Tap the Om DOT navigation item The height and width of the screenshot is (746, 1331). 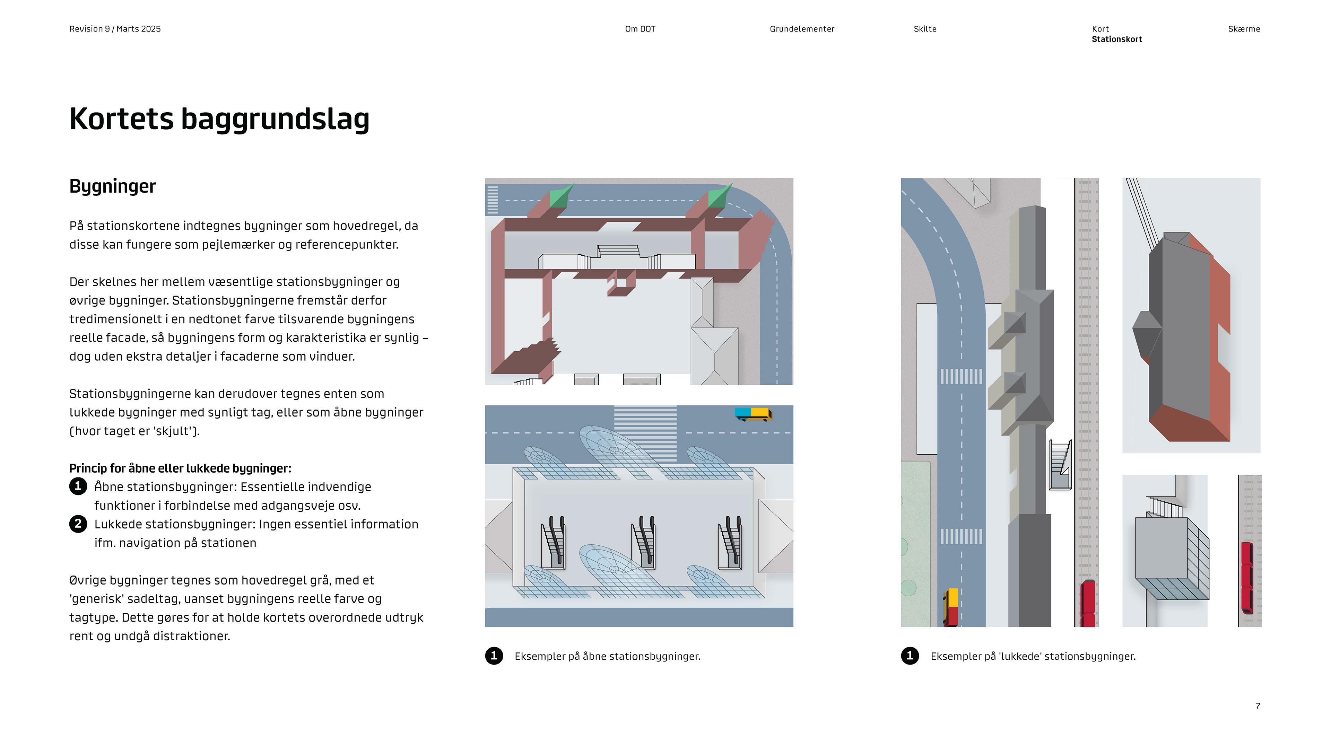(x=640, y=29)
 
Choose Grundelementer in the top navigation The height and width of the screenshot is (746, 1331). (x=801, y=29)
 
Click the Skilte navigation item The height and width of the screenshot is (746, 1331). (x=924, y=29)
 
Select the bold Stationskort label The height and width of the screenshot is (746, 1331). (x=1116, y=39)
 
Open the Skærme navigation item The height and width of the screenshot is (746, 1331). (x=1243, y=29)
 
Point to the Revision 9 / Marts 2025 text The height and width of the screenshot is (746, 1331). (x=115, y=29)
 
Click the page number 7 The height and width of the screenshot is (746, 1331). (x=1257, y=706)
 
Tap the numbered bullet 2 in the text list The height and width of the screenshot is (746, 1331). (x=78, y=524)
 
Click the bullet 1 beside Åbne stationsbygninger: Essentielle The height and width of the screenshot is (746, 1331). (x=78, y=486)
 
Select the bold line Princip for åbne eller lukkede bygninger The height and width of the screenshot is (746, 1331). (x=180, y=468)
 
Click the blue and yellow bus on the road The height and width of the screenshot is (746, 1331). (x=753, y=414)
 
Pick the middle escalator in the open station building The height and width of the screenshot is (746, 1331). (x=644, y=543)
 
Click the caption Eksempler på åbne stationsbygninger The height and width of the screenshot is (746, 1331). (x=607, y=656)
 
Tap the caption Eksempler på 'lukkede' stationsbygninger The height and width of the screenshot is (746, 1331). (x=1032, y=656)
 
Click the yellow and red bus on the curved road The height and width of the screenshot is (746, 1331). (x=951, y=607)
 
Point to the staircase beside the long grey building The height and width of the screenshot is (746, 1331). (x=1059, y=464)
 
